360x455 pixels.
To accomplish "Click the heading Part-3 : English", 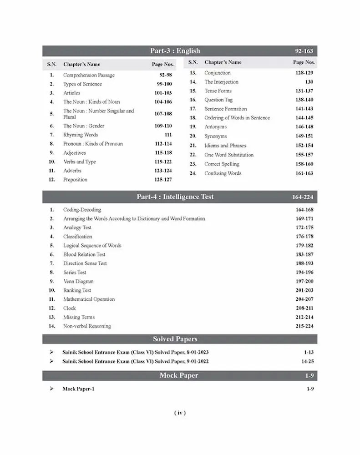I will [175, 51].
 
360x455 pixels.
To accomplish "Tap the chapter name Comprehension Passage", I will [89, 75].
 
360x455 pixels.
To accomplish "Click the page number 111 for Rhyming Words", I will [167, 135].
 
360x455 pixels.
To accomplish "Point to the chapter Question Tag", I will [218, 100].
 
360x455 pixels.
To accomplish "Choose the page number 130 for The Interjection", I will [309, 82].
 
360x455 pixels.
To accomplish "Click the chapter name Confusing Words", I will [223, 173].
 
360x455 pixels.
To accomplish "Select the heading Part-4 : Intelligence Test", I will [175, 197].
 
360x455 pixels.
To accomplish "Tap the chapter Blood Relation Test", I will [84, 254].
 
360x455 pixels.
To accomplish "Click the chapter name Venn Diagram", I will [78, 281].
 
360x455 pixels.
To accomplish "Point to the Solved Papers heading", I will [175, 339].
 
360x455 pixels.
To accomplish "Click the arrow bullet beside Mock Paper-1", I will [51, 389].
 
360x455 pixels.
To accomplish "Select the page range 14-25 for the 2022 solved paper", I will [307, 361].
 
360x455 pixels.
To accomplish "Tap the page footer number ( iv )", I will [180, 413].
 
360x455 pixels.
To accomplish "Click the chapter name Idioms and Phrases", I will [225, 146].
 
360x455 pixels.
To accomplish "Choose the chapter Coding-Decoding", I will [82, 210].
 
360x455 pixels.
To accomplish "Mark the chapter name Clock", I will [70, 308].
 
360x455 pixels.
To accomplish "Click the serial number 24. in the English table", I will [193, 173].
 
